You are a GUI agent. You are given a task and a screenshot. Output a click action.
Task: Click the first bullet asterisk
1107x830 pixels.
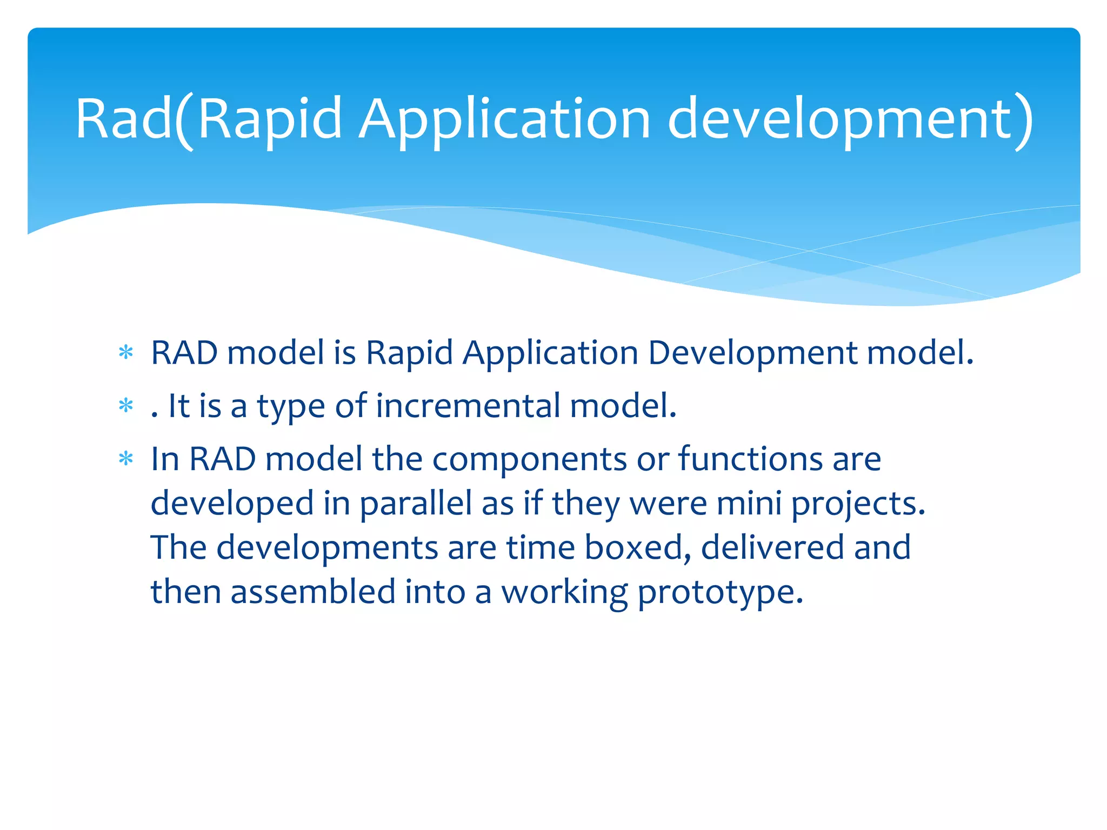pos(126,353)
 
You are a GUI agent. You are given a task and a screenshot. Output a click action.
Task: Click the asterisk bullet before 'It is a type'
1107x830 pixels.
pos(126,406)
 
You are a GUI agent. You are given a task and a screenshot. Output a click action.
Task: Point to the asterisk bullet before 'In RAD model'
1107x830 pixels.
pos(126,459)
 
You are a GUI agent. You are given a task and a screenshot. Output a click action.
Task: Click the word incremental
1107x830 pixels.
pos(468,406)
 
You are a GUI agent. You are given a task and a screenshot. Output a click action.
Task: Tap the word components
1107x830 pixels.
pos(530,459)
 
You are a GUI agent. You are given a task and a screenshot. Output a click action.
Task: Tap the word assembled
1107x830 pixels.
pos(313,592)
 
